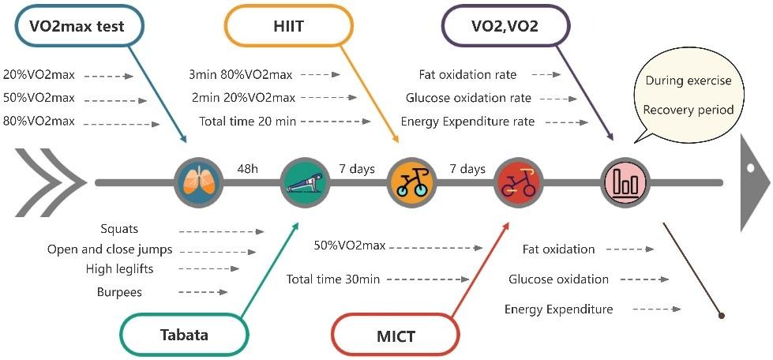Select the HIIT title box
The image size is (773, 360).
[x=287, y=26]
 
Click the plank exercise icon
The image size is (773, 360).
[x=304, y=182]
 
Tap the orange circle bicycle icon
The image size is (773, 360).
[x=411, y=182]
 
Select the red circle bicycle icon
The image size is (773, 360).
[x=518, y=182]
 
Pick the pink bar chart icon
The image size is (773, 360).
[x=625, y=182]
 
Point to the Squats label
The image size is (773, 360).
[x=119, y=229]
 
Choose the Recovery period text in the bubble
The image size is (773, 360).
[x=689, y=110]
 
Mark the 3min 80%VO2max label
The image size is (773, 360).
[x=240, y=75]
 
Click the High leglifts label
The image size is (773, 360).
[x=119, y=269]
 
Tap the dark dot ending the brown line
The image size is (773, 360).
[x=721, y=316]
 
